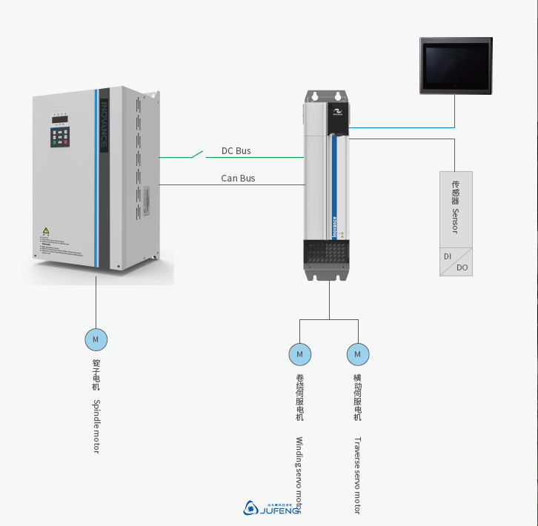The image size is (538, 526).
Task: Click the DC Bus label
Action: (x=236, y=151)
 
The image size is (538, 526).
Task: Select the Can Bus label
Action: (x=238, y=179)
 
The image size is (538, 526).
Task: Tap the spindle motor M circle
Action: (x=96, y=339)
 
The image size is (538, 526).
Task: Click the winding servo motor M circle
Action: (x=299, y=355)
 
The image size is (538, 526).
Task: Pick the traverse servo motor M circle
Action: (x=358, y=355)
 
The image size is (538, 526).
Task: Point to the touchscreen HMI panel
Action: (x=455, y=66)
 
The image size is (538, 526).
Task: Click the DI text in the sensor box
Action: (x=448, y=256)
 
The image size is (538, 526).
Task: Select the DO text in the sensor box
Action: (x=462, y=267)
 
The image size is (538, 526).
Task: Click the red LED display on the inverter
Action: (x=59, y=119)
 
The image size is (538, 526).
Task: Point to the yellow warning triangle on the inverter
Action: (x=45, y=231)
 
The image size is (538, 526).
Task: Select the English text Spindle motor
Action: (x=96, y=426)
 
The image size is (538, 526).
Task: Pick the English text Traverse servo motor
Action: (x=357, y=475)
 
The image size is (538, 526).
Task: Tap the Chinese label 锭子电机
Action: (x=96, y=375)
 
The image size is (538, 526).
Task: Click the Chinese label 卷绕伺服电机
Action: (x=299, y=397)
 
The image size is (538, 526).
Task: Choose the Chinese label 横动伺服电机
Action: (x=357, y=397)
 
